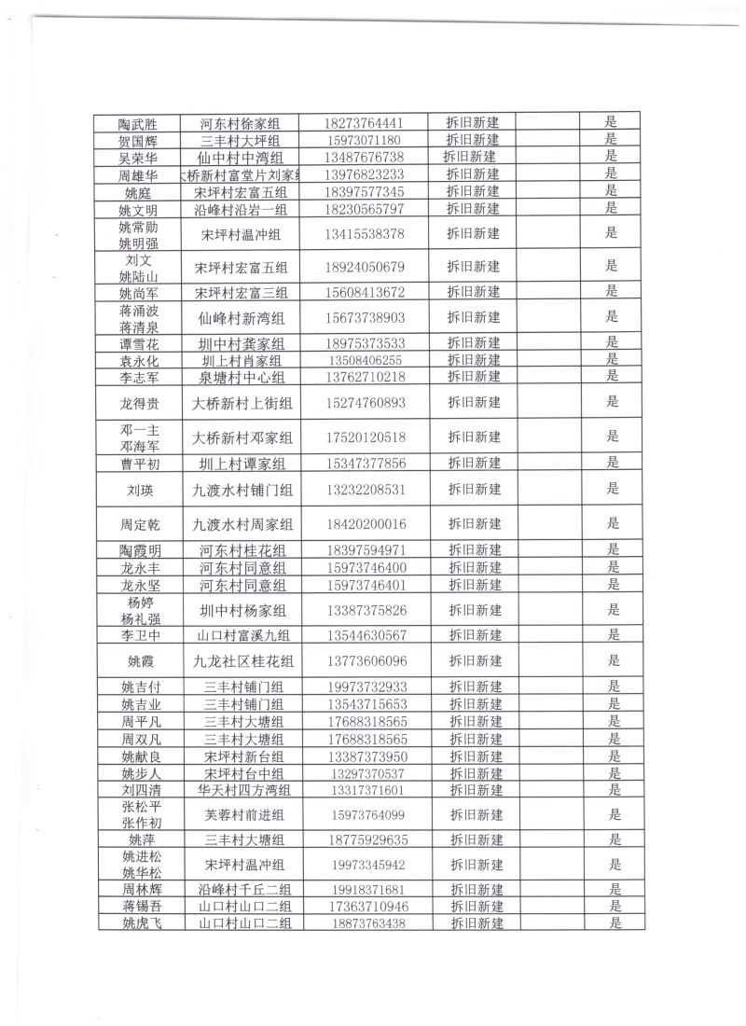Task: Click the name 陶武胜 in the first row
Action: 137,123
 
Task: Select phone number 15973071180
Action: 365,140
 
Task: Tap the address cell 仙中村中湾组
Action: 242,157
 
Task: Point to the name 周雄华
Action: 137,174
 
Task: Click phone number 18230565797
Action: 365,208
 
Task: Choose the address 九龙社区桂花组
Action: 243,661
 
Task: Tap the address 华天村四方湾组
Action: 244,790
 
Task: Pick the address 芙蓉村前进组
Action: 244,814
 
